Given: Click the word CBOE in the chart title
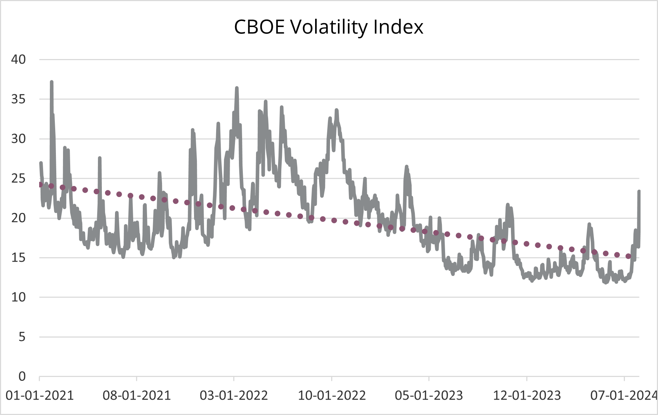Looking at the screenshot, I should pyautogui.click(x=259, y=27).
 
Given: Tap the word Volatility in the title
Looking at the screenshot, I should pyautogui.click(x=328, y=27).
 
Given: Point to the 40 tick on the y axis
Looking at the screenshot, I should pyautogui.click(x=19, y=59).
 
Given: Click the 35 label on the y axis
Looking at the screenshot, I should pyautogui.click(x=19, y=99).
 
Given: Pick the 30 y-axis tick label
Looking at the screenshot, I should pyautogui.click(x=19, y=139).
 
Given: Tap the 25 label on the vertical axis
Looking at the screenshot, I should pyautogui.click(x=19, y=179).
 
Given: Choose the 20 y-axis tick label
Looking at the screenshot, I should pyautogui.click(x=19, y=218).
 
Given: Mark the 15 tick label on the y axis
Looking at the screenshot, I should pyautogui.click(x=19, y=257).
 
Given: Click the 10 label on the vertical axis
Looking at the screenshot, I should pyautogui.click(x=19, y=297).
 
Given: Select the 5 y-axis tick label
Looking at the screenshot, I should pyautogui.click(x=22, y=337).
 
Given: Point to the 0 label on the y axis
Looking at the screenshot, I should pyautogui.click(x=22, y=376).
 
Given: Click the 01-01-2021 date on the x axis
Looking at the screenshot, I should pyautogui.click(x=40, y=395).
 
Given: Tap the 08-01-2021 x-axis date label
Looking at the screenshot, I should pyautogui.click(x=137, y=395).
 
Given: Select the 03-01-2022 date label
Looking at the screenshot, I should pyautogui.click(x=234, y=395).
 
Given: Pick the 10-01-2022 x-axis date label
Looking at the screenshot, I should pyautogui.click(x=331, y=395).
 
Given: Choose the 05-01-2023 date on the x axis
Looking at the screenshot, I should pyautogui.click(x=429, y=395).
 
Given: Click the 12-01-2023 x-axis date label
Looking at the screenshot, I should pyautogui.click(x=527, y=395).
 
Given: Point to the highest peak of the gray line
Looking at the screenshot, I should pyautogui.click(x=52, y=82).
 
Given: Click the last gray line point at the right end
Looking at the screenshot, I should pyautogui.click(x=639, y=192).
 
